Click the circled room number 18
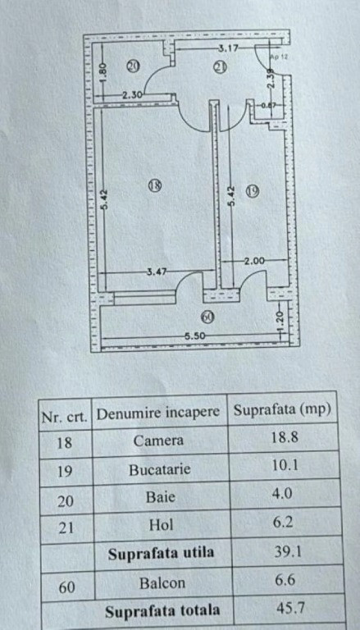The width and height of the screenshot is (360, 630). coord(155,185)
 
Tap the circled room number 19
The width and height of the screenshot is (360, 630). coord(253,191)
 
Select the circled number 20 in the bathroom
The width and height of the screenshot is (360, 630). coord(133,65)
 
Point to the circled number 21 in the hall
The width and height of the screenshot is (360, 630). coord(220,67)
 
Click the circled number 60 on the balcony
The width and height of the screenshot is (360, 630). coord(207,317)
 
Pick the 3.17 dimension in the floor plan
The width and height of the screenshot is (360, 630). coord(228,49)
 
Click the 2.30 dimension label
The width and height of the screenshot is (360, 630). coord(132,95)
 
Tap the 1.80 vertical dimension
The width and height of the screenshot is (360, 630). coord(103,73)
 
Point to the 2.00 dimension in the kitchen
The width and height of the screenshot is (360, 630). coord(254,261)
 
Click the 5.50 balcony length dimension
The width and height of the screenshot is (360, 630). coord(194,336)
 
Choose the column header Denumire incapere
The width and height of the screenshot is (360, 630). coord(158,413)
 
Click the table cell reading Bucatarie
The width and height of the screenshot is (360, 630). coord(160,470)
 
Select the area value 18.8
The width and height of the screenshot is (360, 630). coord(285,437)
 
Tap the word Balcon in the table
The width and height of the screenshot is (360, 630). coord(162,582)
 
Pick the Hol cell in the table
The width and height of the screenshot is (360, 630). coord(161,524)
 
